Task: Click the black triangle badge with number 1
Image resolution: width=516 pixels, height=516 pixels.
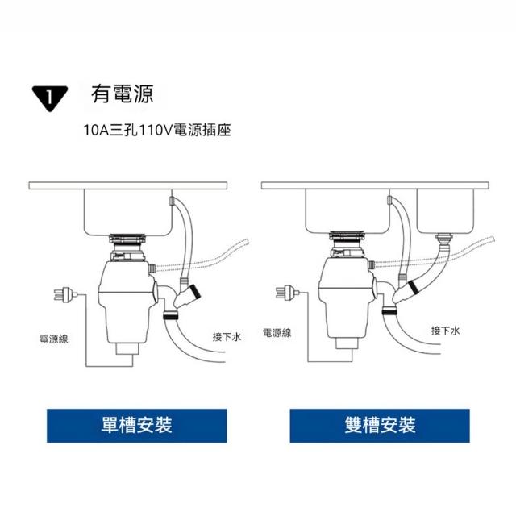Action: (x=50, y=98)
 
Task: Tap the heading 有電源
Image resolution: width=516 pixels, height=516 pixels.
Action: (x=123, y=94)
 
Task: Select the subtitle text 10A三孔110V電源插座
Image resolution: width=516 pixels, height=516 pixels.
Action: (x=157, y=130)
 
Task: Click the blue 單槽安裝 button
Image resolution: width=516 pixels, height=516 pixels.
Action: (x=136, y=426)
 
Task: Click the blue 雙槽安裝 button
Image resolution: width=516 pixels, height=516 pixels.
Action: (x=380, y=426)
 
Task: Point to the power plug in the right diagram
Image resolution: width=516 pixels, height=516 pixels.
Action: (x=287, y=292)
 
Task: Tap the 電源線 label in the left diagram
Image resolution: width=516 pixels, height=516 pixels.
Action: (x=54, y=339)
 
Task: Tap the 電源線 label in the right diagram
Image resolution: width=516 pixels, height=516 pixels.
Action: (x=277, y=333)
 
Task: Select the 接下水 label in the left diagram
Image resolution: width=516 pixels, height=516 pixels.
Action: (x=227, y=337)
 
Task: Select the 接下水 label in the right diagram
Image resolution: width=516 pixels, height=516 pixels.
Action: (x=445, y=331)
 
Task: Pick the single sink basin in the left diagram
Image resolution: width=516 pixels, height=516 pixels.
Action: (x=128, y=212)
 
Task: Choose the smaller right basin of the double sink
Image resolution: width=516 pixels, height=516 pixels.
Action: (x=445, y=211)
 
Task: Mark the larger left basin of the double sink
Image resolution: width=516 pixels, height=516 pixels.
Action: (x=347, y=211)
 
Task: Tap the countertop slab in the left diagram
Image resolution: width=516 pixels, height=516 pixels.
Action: (x=128, y=185)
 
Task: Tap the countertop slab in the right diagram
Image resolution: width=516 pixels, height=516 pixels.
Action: (x=375, y=185)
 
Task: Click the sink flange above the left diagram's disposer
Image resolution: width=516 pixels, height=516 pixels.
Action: (x=127, y=239)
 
